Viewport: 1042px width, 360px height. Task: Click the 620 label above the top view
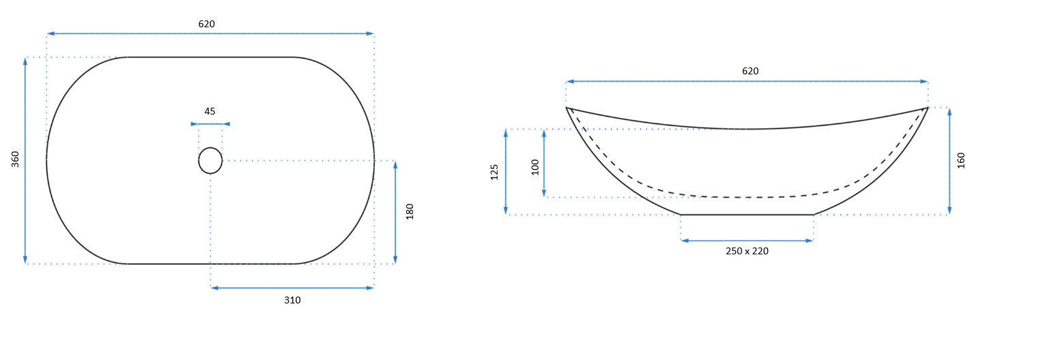tap(206, 24)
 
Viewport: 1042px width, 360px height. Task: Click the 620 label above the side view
tap(750, 71)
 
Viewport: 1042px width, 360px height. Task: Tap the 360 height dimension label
tap(16, 159)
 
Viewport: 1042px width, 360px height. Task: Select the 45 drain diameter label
tap(210, 112)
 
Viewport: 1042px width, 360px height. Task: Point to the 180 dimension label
tap(410, 211)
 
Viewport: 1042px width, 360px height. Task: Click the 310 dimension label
tap(292, 301)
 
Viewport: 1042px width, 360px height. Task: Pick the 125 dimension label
tap(495, 172)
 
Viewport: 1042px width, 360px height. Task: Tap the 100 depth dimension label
tap(536, 168)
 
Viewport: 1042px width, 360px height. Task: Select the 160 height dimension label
tap(962, 160)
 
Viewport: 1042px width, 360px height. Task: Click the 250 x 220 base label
tap(747, 251)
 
